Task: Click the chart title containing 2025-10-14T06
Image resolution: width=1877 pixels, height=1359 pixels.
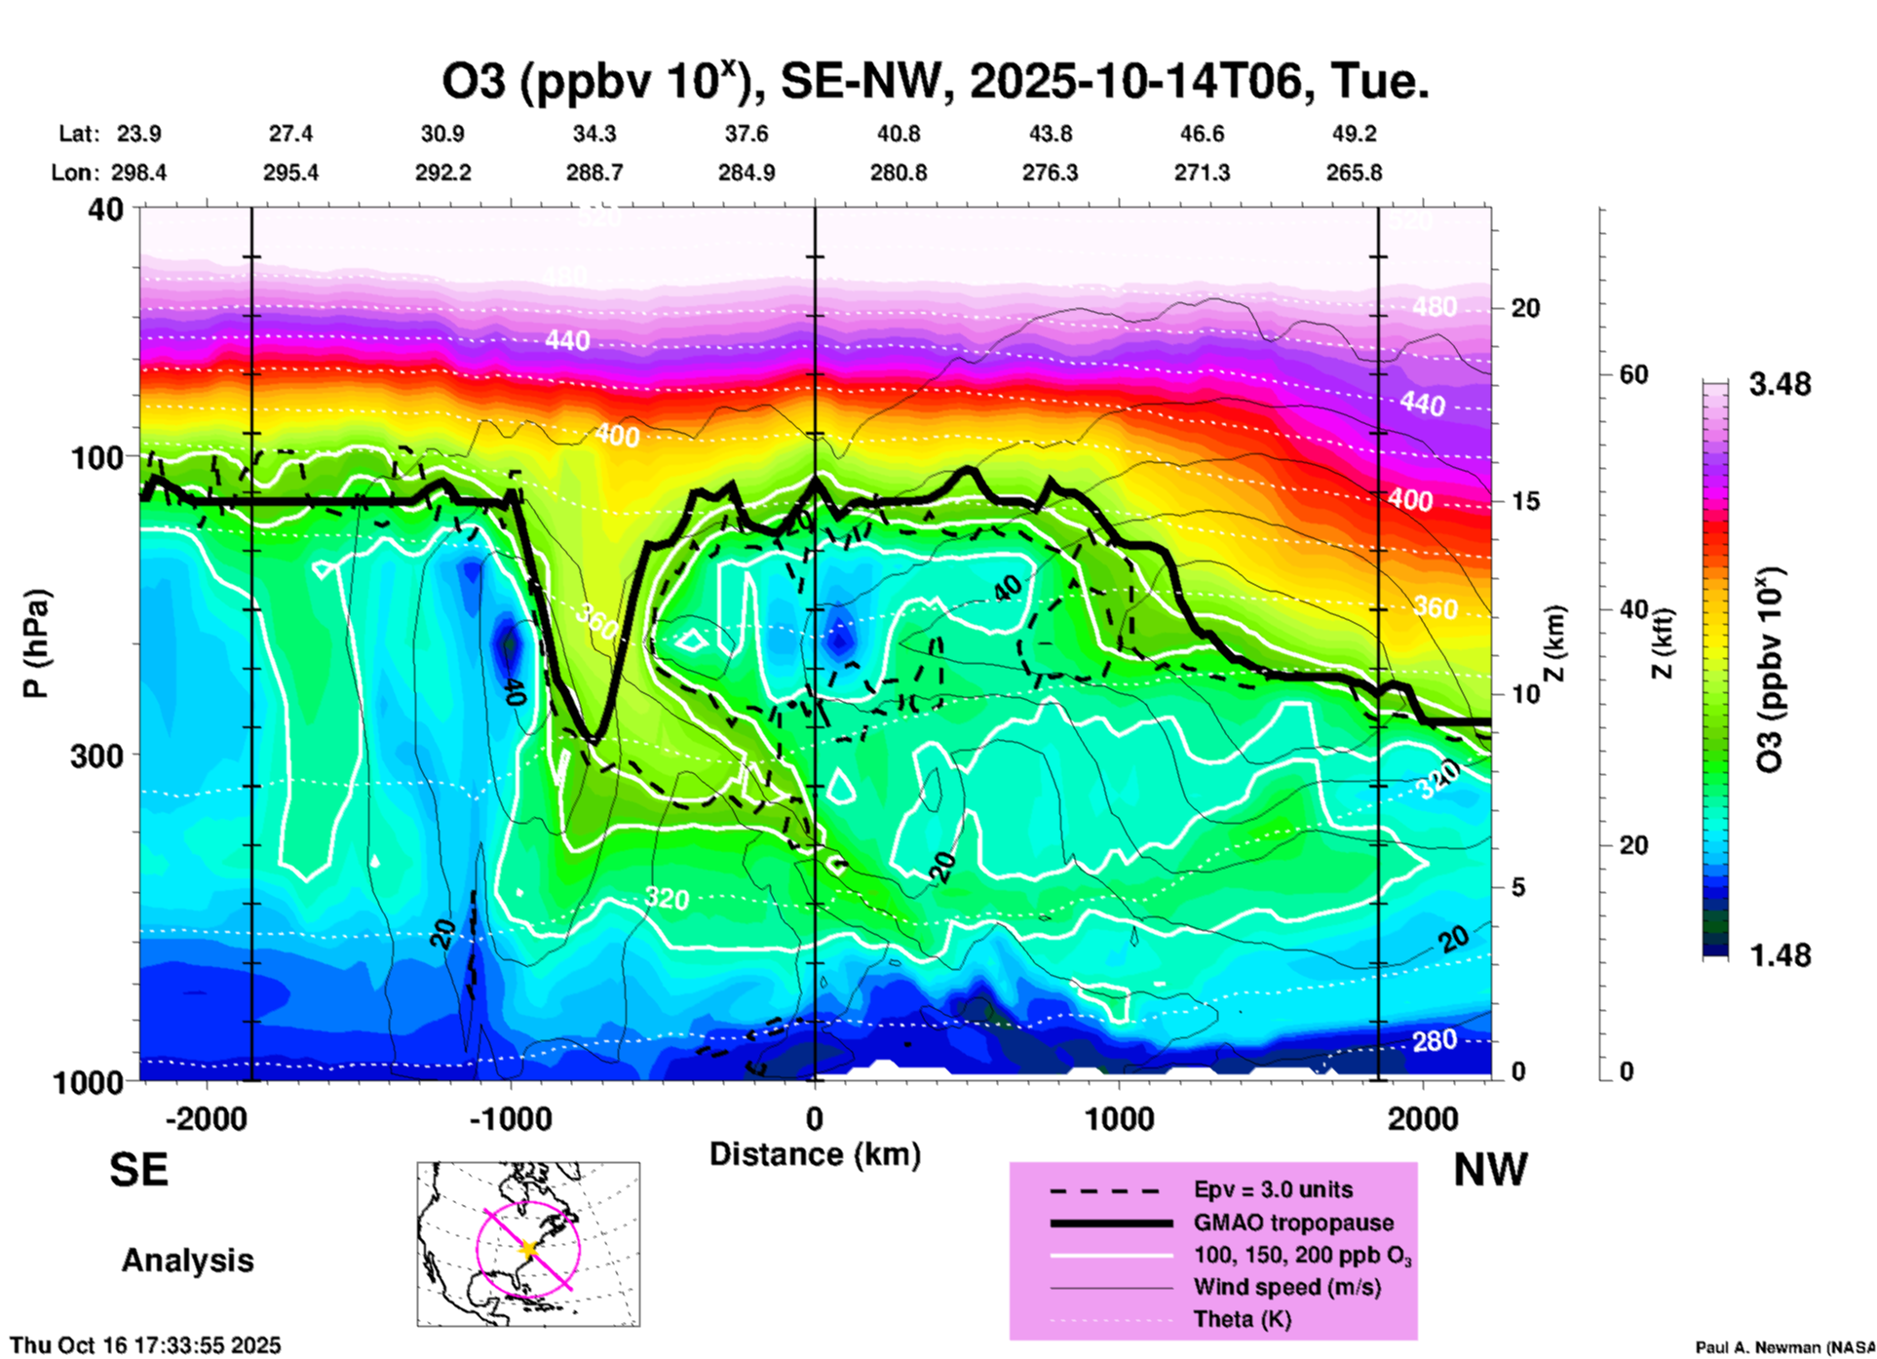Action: [936, 81]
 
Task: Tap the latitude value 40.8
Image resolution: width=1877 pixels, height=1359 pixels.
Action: [898, 135]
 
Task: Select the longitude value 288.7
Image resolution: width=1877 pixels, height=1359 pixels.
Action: [594, 173]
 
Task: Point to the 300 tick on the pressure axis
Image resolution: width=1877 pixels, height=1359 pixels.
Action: [96, 756]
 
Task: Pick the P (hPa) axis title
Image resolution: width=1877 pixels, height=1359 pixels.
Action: [35, 643]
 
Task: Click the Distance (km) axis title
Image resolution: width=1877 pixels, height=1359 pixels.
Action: [815, 1154]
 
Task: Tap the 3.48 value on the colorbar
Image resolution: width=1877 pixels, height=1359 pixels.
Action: [1780, 385]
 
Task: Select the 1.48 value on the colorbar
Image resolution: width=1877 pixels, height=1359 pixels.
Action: [1780, 955]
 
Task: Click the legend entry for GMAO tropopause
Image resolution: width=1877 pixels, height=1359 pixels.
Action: [1293, 1223]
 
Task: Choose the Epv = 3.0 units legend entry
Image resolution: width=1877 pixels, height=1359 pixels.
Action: [1273, 1189]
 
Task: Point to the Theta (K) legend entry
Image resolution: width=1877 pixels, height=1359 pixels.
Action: [1242, 1319]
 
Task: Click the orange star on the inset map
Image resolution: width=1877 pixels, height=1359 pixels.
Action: [528, 1248]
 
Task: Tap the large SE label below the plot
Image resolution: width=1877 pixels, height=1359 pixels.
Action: [138, 1170]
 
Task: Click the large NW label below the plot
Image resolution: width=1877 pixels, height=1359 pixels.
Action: [1490, 1170]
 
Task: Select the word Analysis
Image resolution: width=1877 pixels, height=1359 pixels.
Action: [187, 1261]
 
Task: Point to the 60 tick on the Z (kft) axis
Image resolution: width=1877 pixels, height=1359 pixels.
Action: [1633, 374]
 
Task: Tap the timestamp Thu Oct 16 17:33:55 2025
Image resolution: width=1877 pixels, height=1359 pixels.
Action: [145, 1345]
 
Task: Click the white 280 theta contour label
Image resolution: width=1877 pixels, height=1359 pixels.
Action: [1435, 1041]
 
